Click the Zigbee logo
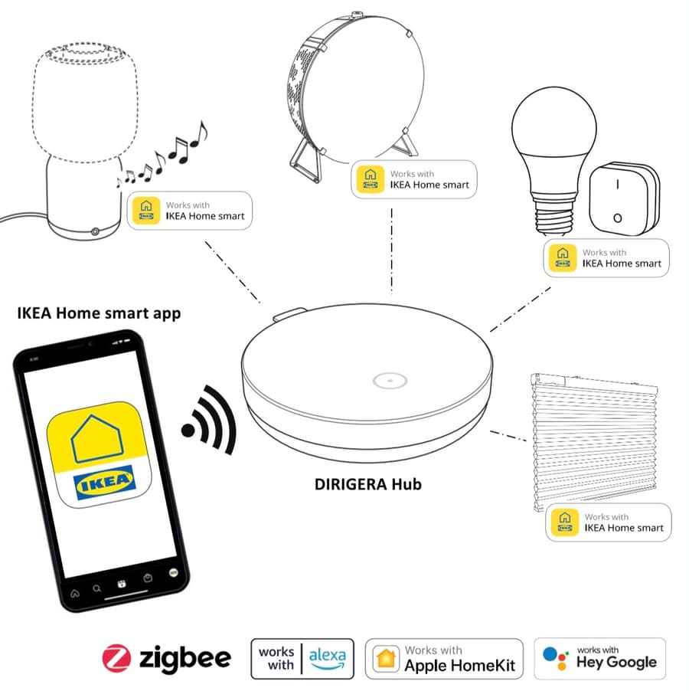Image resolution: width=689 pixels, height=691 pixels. (x=166, y=658)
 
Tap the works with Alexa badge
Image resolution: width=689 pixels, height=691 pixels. (x=302, y=658)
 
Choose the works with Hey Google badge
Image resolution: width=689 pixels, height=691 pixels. (x=599, y=658)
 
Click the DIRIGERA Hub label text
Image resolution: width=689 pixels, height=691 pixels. (x=368, y=484)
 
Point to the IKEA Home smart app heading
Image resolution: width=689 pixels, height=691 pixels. (x=99, y=313)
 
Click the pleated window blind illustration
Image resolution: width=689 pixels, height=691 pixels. (x=593, y=437)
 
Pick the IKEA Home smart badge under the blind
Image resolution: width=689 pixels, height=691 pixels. (x=608, y=522)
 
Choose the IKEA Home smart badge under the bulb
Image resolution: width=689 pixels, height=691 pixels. (x=606, y=258)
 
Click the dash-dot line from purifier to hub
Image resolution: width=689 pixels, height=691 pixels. (x=391, y=245)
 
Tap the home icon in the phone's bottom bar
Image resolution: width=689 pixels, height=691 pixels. (x=74, y=592)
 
